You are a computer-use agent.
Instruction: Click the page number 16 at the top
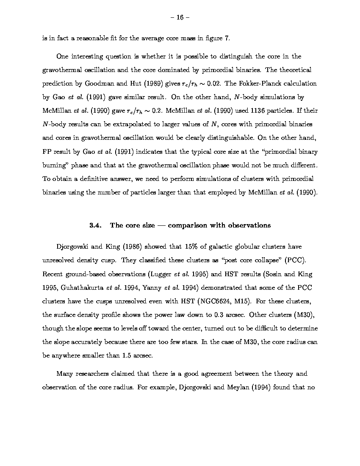pos(180,17)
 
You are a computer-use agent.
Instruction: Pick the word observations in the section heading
pos(249,225)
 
